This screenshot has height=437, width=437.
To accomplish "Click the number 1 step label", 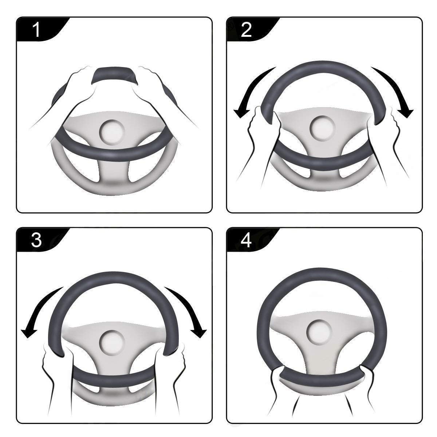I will (x=36, y=30).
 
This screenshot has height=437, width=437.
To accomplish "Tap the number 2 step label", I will (x=247, y=30).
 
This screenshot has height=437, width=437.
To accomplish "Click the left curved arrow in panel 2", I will (x=251, y=91).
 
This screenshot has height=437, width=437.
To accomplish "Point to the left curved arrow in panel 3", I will (x=40, y=306).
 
